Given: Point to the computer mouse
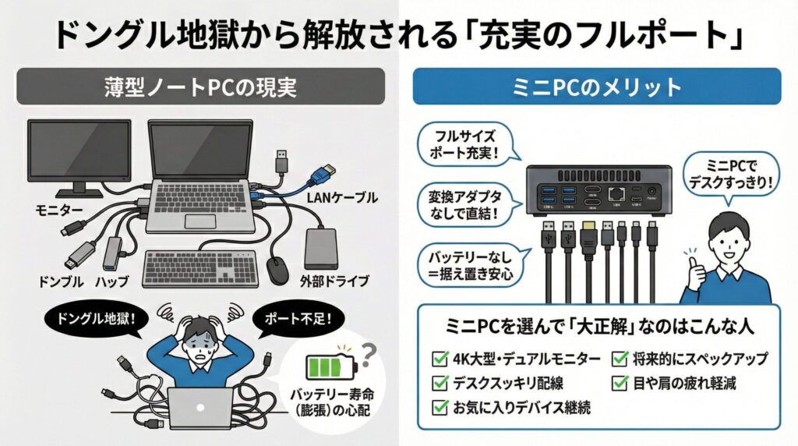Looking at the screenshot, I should (x=277, y=270).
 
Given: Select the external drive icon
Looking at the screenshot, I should (x=322, y=249).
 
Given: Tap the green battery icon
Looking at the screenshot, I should (x=334, y=367).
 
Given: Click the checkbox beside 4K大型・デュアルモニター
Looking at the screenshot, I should (x=438, y=359).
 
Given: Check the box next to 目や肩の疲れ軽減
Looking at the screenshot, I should (x=620, y=383).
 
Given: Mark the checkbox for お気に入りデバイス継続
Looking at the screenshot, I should (x=438, y=406).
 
